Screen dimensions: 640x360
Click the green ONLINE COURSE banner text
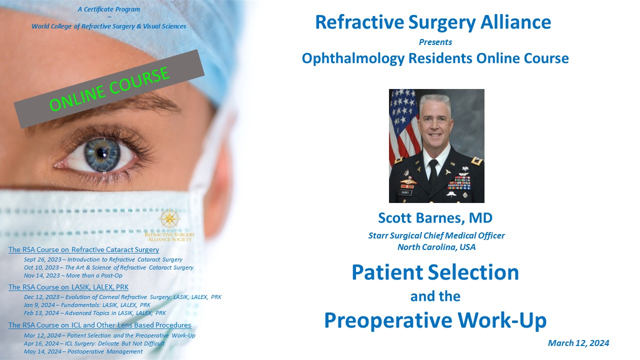[109, 89]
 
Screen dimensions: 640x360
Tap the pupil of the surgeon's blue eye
[101, 153]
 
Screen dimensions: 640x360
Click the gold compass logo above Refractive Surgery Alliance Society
[169, 219]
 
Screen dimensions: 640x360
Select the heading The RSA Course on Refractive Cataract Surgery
[83, 249]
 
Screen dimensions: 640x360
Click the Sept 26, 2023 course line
[103, 259]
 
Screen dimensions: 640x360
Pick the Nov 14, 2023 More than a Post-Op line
[73, 275]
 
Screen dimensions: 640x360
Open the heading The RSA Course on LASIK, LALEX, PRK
[68, 287]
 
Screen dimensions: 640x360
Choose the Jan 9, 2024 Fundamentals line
[87, 305]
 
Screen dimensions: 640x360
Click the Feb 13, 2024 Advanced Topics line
[95, 313]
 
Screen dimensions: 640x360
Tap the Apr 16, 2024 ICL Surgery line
[94, 343]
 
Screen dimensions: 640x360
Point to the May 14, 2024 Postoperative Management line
[83, 351]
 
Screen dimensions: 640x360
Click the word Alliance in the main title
[515, 22]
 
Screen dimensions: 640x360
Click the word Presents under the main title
[435, 42]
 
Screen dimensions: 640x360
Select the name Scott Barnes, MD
[435, 217]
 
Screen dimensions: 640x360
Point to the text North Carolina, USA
[436, 247]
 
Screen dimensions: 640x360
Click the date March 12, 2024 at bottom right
[578, 343]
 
